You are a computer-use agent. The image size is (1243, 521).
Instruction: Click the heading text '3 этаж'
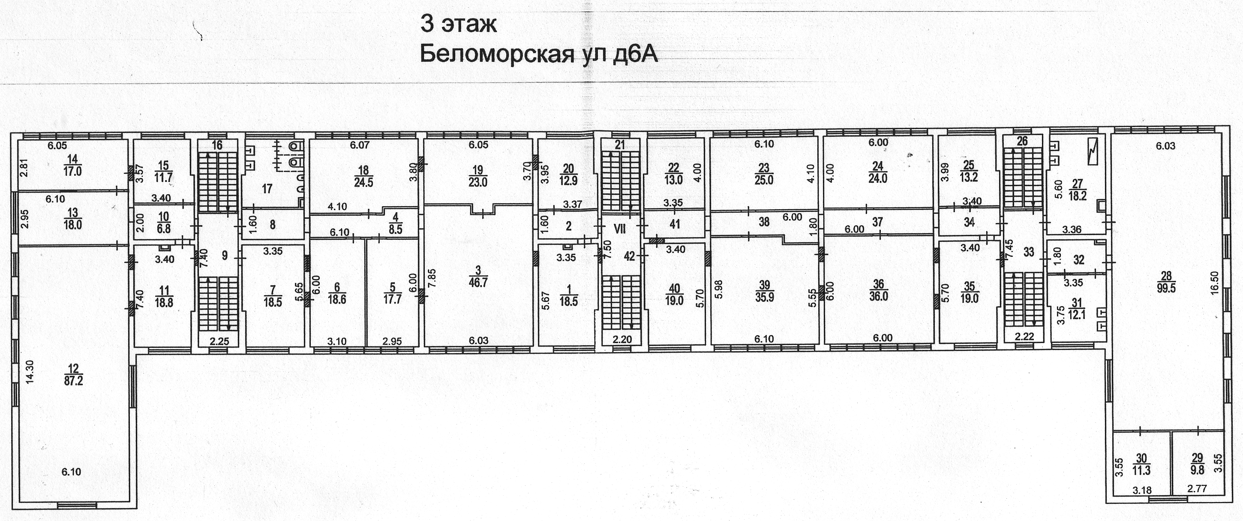pos(458,24)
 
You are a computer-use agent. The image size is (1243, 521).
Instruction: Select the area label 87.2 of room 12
pos(73,381)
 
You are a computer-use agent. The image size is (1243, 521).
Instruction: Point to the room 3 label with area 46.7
pos(478,277)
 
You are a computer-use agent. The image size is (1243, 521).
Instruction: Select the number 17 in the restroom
pos(267,189)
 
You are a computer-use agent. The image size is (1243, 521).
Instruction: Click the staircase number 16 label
pos(217,145)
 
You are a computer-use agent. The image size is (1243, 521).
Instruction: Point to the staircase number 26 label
pos(1022,141)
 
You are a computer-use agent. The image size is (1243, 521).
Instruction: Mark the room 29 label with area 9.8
pos(1197,464)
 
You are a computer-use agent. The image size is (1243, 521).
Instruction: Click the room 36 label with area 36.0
pos(878,290)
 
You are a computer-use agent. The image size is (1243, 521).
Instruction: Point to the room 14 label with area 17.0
pos(72,166)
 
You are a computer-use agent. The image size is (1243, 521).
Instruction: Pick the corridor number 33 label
pos(1029,252)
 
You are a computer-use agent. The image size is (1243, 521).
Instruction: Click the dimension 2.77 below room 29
pos(1197,489)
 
